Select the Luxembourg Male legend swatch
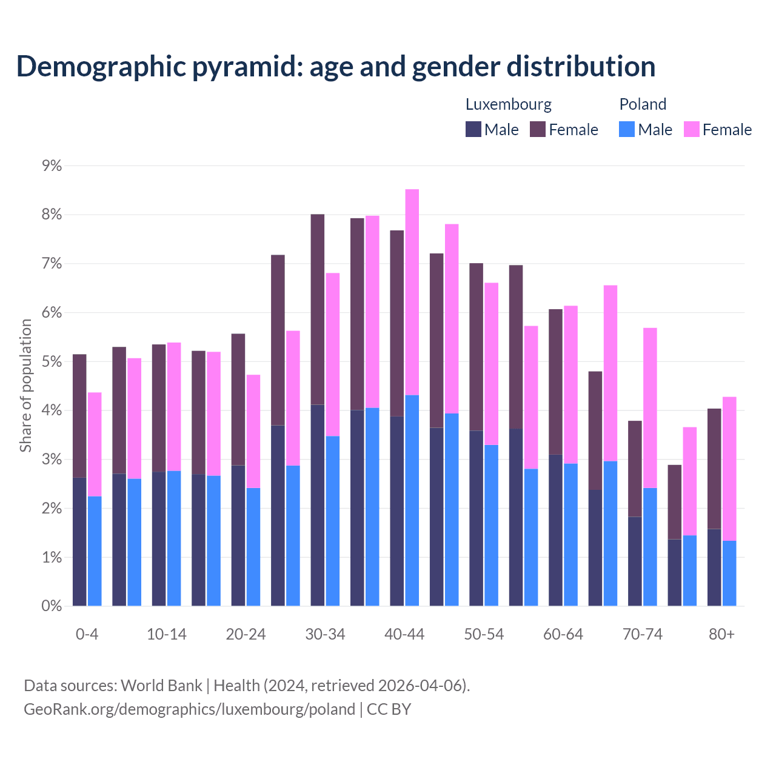tap(473, 129)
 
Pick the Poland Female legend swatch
tap(691, 129)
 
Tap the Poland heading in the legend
tap(643, 104)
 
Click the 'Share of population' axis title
tap(26, 386)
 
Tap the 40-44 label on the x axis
tap(404, 634)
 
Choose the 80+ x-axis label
tap(721, 634)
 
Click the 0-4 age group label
tap(87, 634)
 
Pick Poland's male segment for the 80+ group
tap(729, 573)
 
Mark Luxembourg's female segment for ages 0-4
tap(79, 416)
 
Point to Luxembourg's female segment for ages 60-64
tap(555, 382)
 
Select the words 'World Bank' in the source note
tap(161, 686)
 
